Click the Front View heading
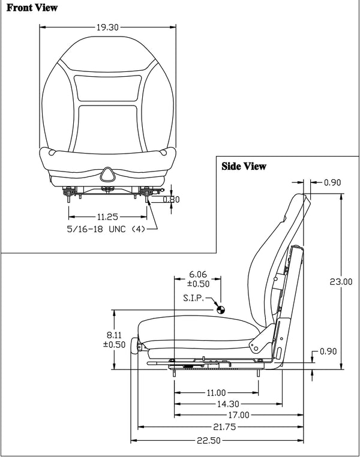click(x=32, y=8)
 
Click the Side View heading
click(x=244, y=166)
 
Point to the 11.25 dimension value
click(x=108, y=217)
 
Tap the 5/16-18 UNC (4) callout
click(x=106, y=228)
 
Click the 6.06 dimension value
click(x=197, y=273)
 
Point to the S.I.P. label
click(x=196, y=298)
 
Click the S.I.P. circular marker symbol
click(x=220, y=309)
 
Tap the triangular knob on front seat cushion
click(x=108, y=173)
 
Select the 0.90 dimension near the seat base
click(x=328, y=351)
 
